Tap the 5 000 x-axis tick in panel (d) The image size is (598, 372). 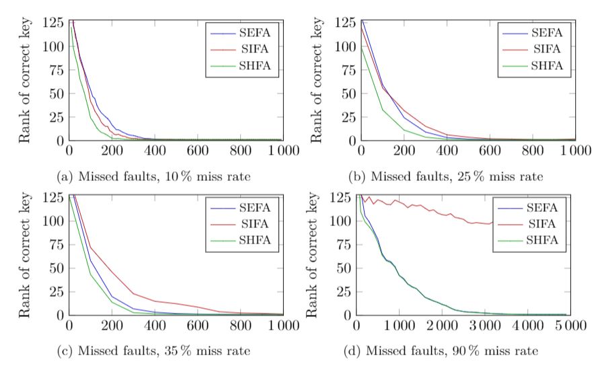coord(556,326)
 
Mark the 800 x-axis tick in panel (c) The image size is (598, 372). coord(239,326)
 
